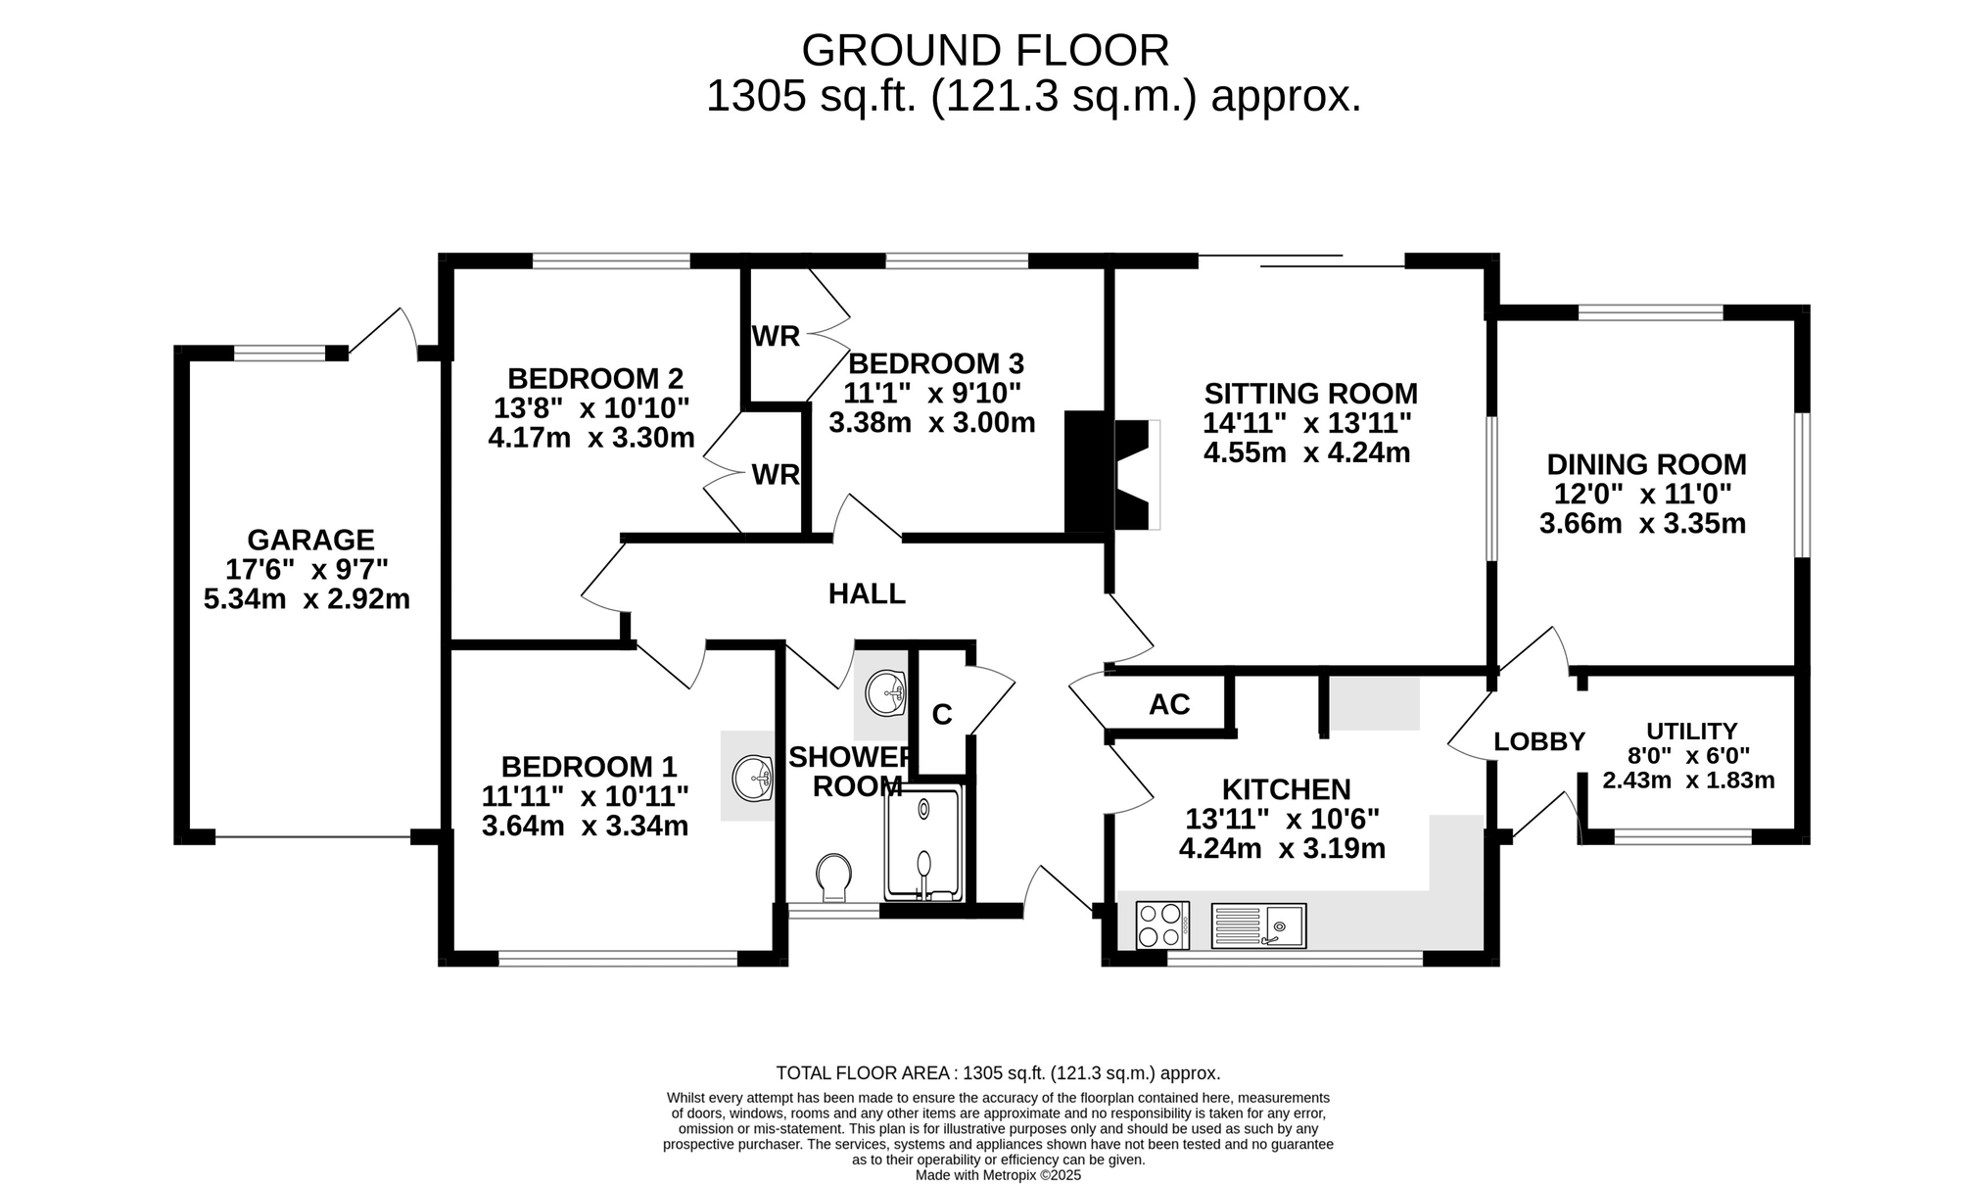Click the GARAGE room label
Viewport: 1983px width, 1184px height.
pyautogui.click(x=310, y=540)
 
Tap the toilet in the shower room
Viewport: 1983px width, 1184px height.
pyautogui.click(x=833, y=876)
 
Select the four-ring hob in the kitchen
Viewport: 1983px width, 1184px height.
pyautogui.click(x=1162, y=925)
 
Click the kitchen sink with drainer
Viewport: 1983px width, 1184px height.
pyautogui.click(x=1258, y=925)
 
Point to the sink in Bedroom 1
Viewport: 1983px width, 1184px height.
pyautogui.click(x=753, y=779)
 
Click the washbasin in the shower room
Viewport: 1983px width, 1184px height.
pyautogui.click(x=886, y=693)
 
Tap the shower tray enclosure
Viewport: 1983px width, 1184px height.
pyautogui.click(x=923, y=844)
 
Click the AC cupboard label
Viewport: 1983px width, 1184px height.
pyautogui.click(x=1169, y=704)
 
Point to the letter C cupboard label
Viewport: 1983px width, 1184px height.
pyautogui.click(x=942, y=715)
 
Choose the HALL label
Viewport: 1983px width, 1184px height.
pyautogui.click(x=867, y=593)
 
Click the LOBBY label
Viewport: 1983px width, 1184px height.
pyautogui.click(x=1539, y=742)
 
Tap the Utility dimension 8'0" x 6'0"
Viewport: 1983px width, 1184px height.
pyautogui.click(x=1689, y=756)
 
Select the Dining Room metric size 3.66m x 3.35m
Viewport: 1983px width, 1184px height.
pyautogui.click(x=1643, y=524)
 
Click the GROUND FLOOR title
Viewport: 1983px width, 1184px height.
pyautogui.click(x=985, y=50)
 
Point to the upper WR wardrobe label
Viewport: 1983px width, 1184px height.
pyautogui.click(x=776, y=337)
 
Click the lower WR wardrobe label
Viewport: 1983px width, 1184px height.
pyautogui.click(x=776, y=475)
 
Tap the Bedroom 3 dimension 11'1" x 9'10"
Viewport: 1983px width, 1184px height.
pyautogui.click(x=933, y=394)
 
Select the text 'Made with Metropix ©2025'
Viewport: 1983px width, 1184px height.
pyautogui.click(x=998, y=1175)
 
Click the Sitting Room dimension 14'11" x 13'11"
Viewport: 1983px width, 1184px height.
pyautogui.click(x=1307, y=423)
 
